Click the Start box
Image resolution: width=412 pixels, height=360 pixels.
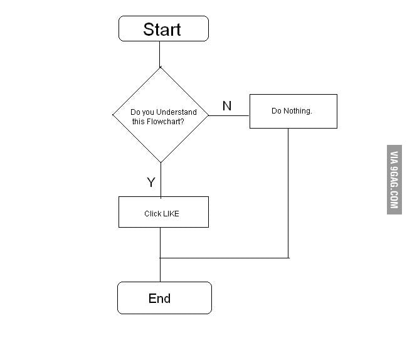tap(163, 29)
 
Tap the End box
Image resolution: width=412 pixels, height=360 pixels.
tap(164, 298)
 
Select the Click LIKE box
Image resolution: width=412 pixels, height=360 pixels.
tap(163, 213)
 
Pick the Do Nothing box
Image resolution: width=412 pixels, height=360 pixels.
tap(293, 111)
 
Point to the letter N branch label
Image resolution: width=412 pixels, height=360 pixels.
tap(227, 106)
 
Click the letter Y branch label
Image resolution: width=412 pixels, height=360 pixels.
tap(151, 183)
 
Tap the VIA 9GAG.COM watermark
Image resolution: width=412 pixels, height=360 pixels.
tap(394, 179)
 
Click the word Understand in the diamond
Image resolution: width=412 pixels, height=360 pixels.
tap(176, 112)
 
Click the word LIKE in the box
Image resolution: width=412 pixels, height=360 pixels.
tap(171, 213)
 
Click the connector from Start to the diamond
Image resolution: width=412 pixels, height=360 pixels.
tap(160, 54)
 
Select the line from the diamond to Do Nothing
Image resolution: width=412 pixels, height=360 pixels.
tap(229, 115)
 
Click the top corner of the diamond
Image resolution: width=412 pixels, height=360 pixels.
tap(161, 68)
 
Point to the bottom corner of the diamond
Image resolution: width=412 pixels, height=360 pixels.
tap(161, 162)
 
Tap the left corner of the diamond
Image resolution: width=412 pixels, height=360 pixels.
tap(114, 115)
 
